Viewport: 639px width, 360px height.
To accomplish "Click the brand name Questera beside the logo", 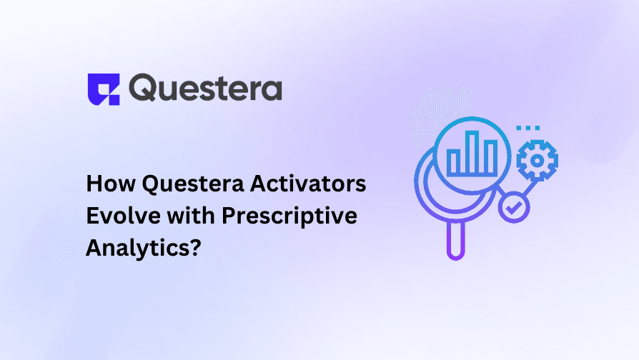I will point(206,89).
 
